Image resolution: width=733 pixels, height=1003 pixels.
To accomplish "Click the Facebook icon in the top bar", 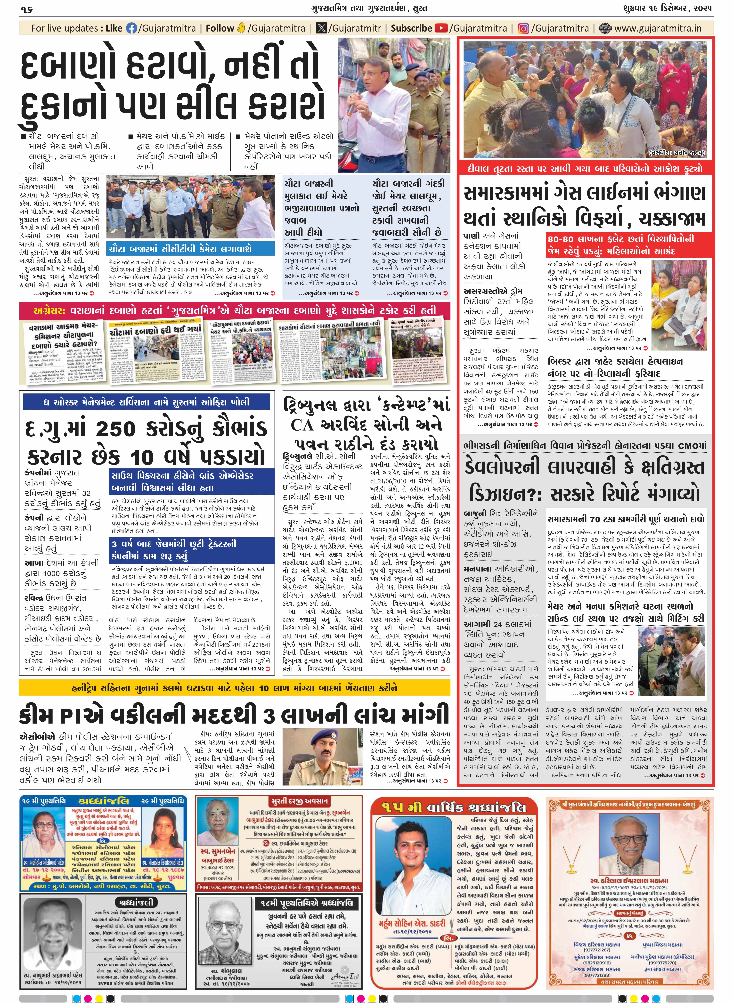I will tap(132, 28).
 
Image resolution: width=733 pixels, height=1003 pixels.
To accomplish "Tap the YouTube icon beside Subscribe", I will tap(441, 28).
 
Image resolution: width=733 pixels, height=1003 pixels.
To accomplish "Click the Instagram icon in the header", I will tap(524, 28).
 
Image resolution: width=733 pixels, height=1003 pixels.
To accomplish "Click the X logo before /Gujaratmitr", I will tap(321, 28).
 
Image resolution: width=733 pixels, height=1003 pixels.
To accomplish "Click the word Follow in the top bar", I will tap(220, 28).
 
